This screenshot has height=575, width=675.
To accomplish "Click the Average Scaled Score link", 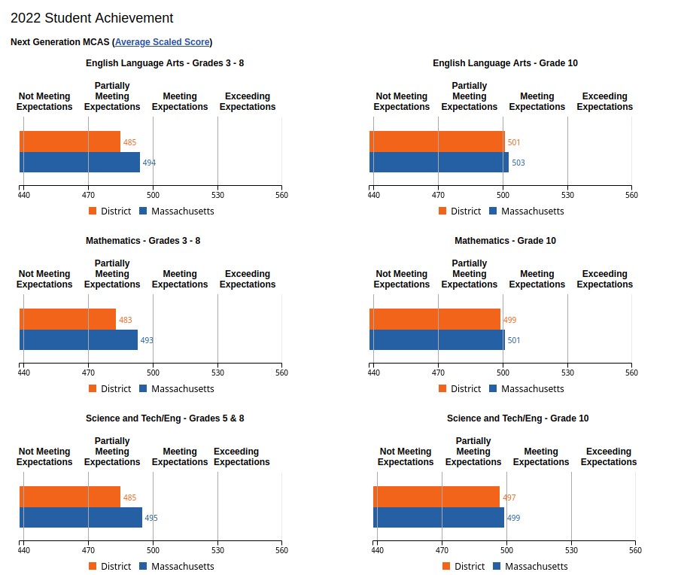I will [162, 42].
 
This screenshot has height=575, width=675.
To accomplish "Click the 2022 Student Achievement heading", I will [92, 18].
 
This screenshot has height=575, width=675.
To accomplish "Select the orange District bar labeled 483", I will [68, 319].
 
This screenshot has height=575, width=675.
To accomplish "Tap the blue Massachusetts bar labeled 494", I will [80, 163].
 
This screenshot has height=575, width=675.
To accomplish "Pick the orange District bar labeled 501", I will [437, 141].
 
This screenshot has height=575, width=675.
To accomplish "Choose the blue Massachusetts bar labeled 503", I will [439, 163].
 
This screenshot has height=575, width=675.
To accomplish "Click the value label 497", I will [509, 497].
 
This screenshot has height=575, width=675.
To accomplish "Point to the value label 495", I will [151, 518].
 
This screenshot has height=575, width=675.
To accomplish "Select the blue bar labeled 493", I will [78, 340].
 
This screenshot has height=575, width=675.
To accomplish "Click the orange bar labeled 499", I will [435, 319].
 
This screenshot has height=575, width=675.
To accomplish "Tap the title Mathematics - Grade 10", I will [505, 241].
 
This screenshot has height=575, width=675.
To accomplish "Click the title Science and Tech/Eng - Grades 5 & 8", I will [165, 418].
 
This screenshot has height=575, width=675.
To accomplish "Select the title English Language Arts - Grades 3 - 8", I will [165, 63].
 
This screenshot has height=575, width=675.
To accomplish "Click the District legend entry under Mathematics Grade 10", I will [459, 389].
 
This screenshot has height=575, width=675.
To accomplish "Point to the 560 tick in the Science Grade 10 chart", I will [635, 550].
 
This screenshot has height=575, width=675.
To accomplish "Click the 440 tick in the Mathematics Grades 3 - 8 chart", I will [23, 373].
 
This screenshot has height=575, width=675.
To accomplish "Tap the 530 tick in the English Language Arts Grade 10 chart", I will [567, 195].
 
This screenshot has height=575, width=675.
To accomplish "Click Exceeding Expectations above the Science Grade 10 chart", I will [609, 457].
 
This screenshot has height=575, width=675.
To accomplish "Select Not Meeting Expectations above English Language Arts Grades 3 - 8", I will [44, 102].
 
